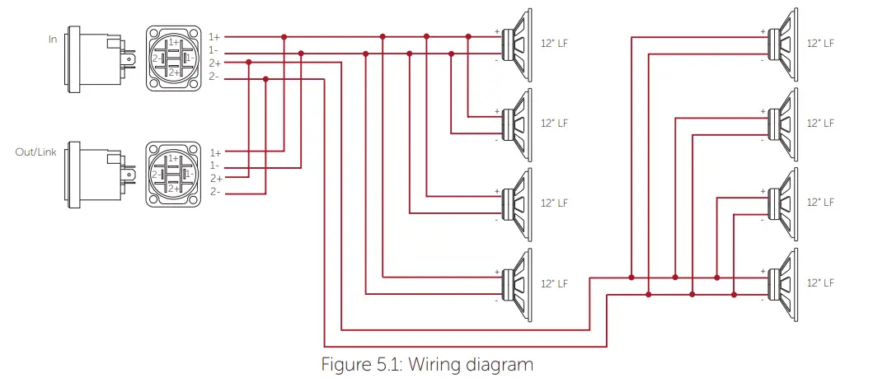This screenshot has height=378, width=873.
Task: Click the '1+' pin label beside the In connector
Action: tap(215, 37)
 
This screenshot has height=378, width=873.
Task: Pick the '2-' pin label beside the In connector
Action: tap(215, 77)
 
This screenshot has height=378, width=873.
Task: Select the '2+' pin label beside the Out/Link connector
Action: tap(215, 179)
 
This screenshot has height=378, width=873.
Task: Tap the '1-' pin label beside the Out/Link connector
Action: tap(215, 166)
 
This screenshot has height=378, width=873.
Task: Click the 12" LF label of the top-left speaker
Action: tap(555, 43)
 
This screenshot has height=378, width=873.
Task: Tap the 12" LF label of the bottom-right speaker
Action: tap(820, 283)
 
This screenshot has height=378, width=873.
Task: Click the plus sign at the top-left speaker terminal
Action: tap(497, 32)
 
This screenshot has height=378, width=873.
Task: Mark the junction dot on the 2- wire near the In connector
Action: tap(265, 79)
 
